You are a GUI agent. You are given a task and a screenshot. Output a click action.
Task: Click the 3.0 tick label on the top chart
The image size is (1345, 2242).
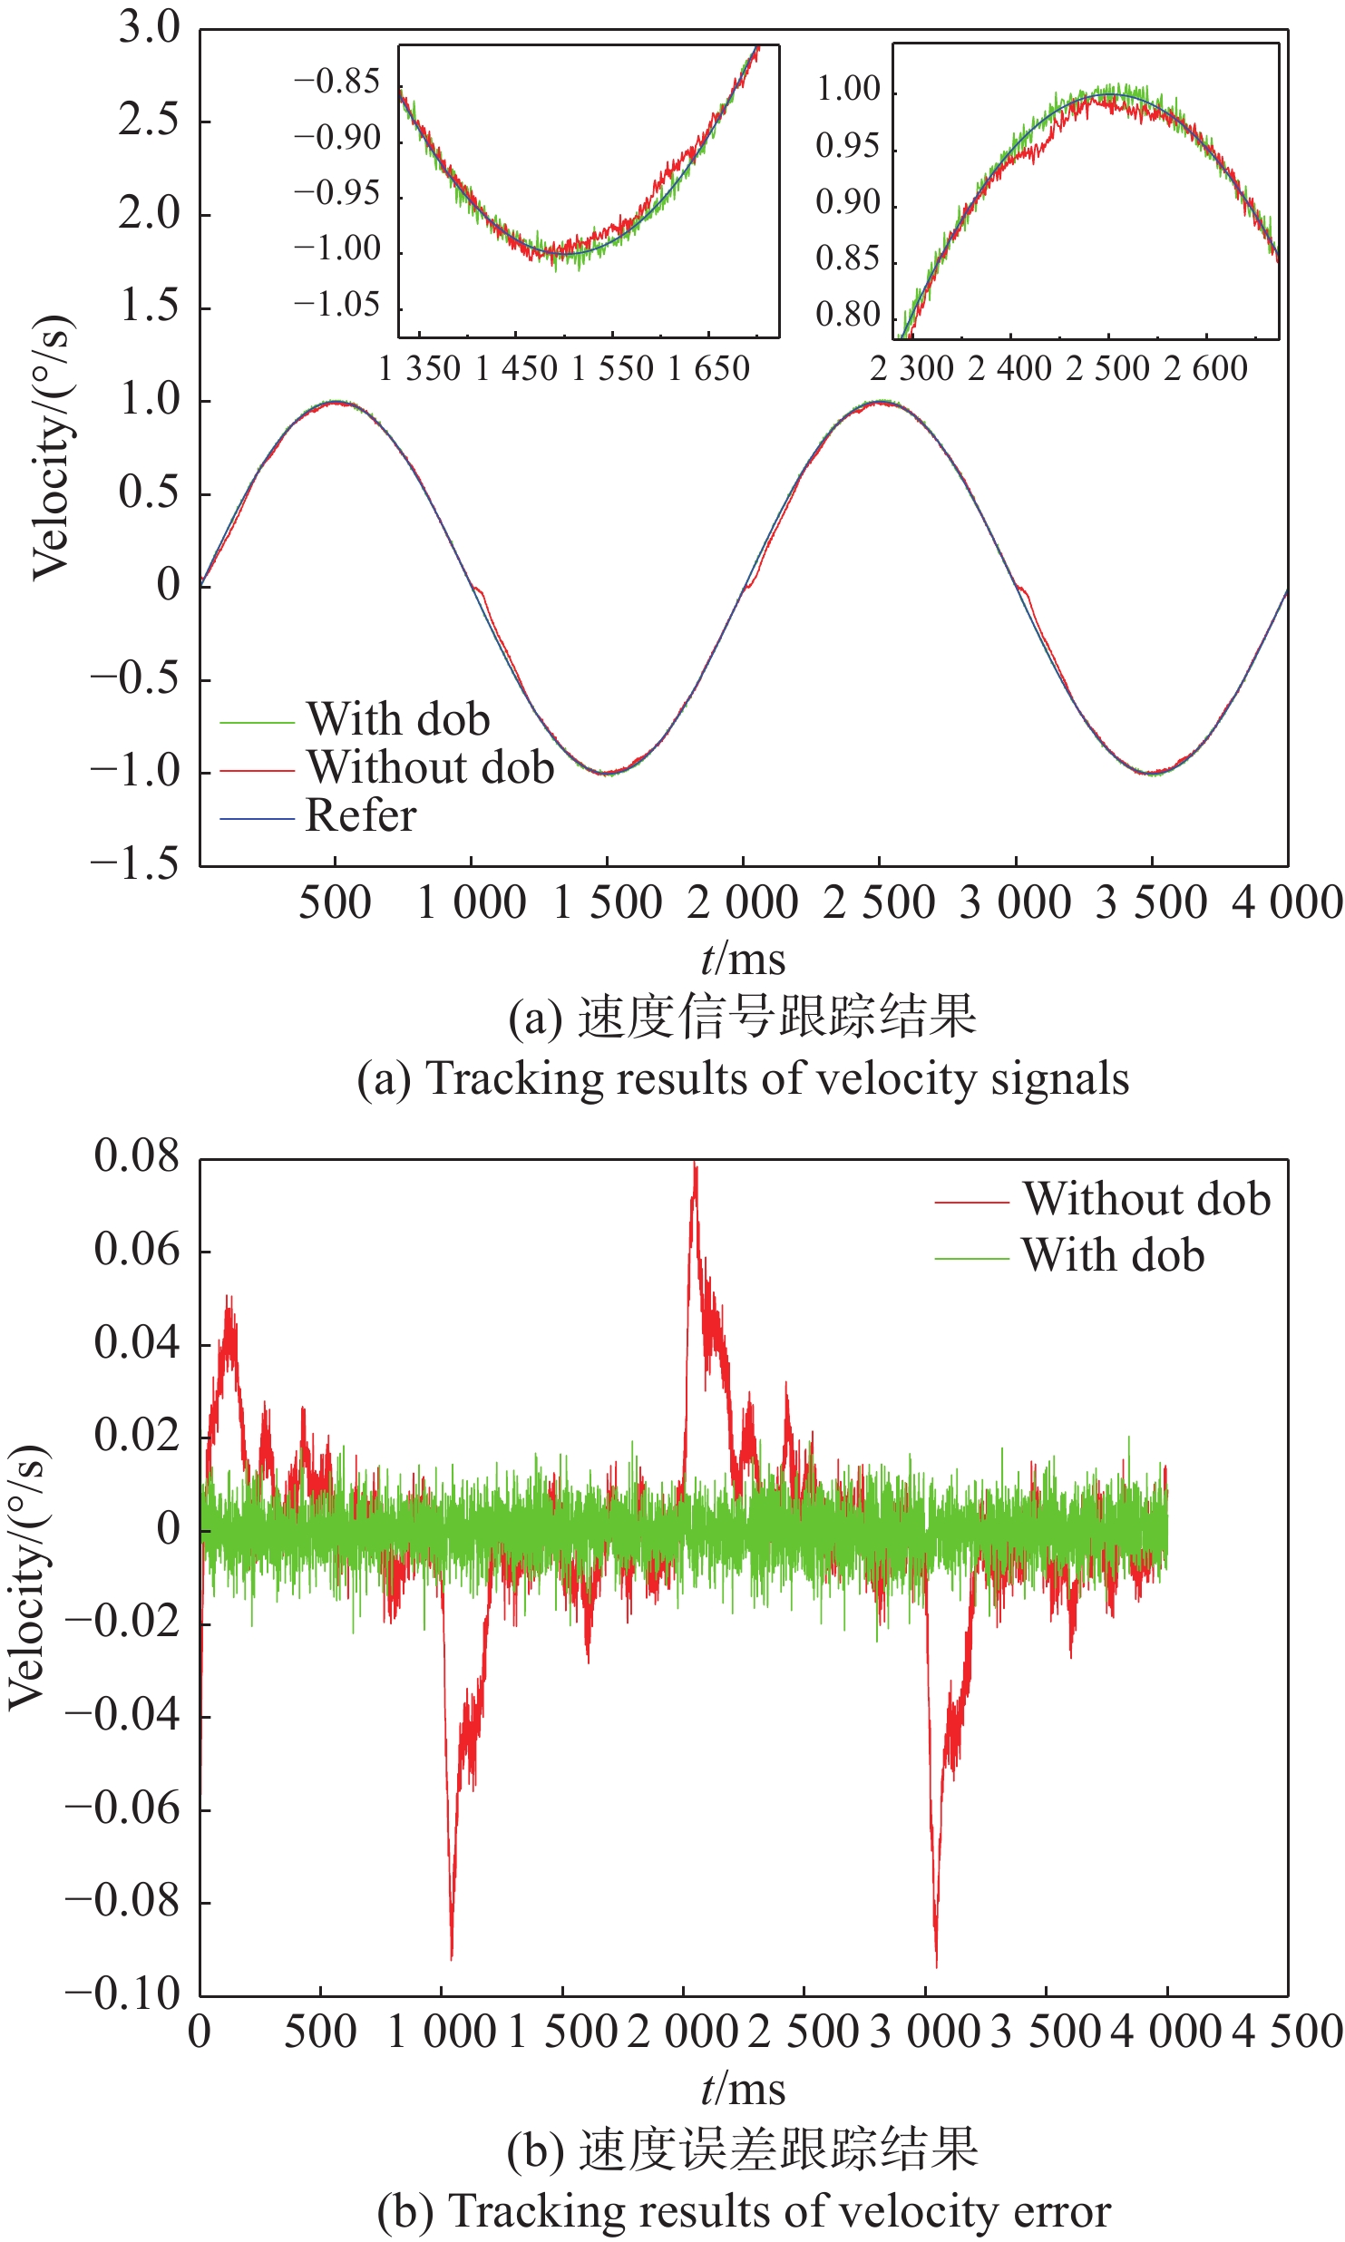pos(150,29)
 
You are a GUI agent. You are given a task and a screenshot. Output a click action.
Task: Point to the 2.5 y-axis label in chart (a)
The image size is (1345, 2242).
pos(150,121)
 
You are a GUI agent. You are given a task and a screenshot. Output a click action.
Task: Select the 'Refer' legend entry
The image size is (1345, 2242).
pos(360,815)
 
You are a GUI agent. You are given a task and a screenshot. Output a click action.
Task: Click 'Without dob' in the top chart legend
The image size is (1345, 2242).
pos(430,767)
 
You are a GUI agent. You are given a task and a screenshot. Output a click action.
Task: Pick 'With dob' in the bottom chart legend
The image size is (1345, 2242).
pos(1112,1255)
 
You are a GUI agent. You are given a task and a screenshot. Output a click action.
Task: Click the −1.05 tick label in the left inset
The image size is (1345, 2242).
pos(336,305)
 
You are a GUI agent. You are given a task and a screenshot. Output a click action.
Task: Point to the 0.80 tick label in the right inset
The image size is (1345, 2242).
pos(848,315)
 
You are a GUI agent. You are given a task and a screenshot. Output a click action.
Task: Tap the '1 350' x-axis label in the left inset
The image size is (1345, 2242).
pos(420,369)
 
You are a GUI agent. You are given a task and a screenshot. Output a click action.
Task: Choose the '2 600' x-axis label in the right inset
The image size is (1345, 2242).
pos(1205,369)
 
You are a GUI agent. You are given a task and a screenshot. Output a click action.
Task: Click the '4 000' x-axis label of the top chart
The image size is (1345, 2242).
pos(1286,903)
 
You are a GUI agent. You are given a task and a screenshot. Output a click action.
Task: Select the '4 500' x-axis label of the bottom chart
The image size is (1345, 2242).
pos(1287,2032)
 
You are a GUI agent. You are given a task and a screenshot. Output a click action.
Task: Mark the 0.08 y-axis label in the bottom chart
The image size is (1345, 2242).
pos(137,1156)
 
